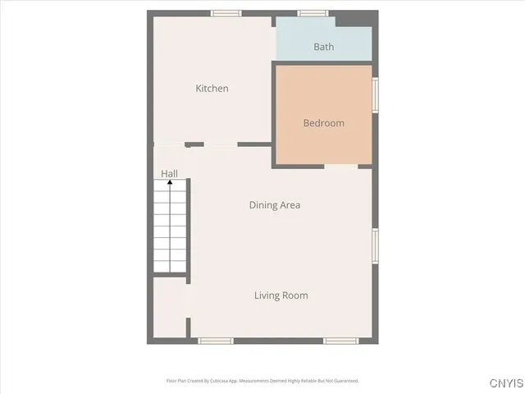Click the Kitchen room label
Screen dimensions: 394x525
(212, 89)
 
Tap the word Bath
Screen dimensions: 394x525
(324, 47)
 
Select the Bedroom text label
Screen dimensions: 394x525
(324, 123)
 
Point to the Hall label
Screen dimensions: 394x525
(170, 174)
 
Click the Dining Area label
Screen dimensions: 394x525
(275, 205)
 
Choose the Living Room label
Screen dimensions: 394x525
(281, 295)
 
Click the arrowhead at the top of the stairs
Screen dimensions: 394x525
(171, 184)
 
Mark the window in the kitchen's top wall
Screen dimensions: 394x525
(226, 13)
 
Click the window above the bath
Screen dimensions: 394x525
(313, 13)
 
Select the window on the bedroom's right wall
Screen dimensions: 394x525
(376, 94)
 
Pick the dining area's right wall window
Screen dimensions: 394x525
(376, 245)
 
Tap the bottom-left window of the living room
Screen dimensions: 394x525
(216, 341)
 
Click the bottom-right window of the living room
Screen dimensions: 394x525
(340, 341)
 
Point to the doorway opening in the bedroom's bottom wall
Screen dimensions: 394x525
(341, 166)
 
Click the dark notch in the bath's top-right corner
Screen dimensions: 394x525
(355, 19)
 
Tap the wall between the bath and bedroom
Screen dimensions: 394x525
(324, 62)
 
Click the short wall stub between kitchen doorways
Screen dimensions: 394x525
(194, 144)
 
